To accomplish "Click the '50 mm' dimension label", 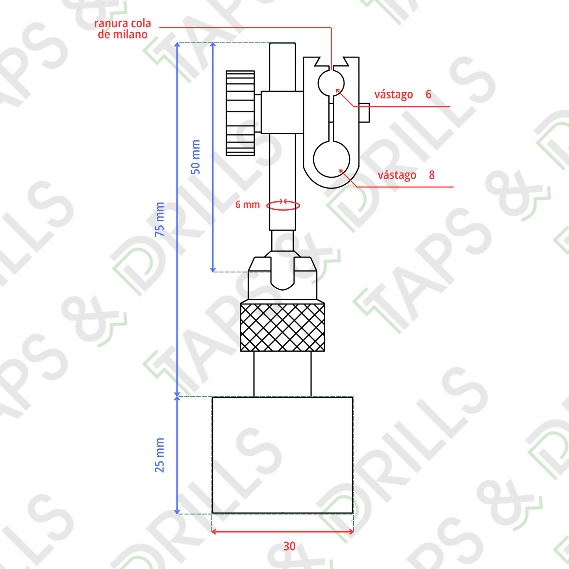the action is (x=195, y=157).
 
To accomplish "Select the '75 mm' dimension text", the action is (x=159, y=219).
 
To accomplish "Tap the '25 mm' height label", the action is (x=159, y=455).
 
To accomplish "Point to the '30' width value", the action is (x=289, y=546).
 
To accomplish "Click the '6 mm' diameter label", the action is (x=247, y=204).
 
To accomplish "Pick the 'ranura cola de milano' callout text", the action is (x=122, y=29).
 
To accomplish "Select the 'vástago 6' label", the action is (x=403, y=95).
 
